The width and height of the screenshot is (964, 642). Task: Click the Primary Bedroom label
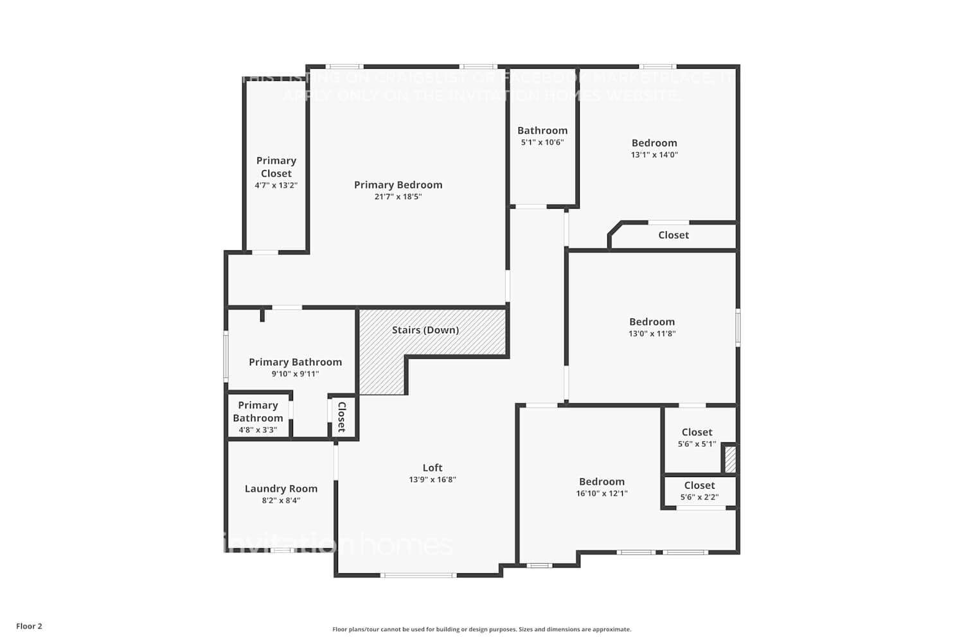(x=398, y=185)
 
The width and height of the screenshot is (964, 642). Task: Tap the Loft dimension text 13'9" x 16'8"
(x=433, y=480)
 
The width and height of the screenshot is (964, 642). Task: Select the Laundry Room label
(x=281, y=489)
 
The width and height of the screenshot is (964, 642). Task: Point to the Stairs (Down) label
(x=425, y=330)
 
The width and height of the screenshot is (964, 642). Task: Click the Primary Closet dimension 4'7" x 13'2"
(x=276, y=186)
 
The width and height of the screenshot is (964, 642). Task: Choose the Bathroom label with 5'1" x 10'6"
(x=542, y=130)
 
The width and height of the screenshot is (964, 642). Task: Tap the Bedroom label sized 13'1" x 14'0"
(x=654, y=143)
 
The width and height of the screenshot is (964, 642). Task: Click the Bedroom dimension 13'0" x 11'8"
(x=652, y=334)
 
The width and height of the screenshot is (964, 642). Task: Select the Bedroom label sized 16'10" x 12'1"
(x=602, y=481)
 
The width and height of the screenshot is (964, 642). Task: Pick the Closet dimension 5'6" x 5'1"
(x=697, y=444)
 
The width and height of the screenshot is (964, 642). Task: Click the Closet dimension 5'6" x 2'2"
(x=699, y=497)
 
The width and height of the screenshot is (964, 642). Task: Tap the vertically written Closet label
(x=342, y=417)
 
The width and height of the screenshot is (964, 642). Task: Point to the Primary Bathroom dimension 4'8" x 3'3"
(x=258, y=430)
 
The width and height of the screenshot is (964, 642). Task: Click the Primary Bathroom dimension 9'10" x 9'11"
(x=295, y=374)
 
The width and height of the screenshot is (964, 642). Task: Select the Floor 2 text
(x=29, y=626)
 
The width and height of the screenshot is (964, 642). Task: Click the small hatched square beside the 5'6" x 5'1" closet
(x=731, y=459)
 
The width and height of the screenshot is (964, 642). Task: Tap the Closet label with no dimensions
(x=674, y=235)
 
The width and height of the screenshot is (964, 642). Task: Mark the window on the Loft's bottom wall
(x=419, y=575)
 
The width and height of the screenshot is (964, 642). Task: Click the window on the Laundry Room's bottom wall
(x=281, y=550)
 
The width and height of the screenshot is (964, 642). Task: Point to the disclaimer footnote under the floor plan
(x=481, y=629)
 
